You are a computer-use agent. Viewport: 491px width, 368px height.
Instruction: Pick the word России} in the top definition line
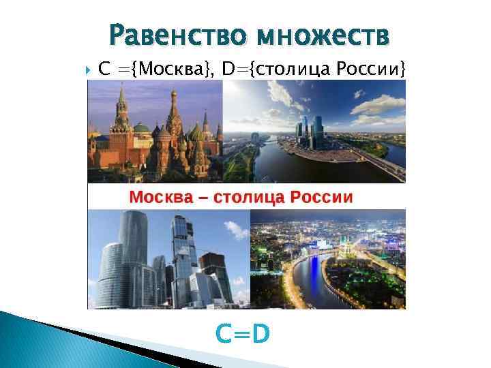pyautogui.click(x=375, y=69)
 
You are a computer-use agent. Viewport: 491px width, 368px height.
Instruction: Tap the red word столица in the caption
pyautogui.click(x=251, y=198)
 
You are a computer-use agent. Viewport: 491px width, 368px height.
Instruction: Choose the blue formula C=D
pyautogui.click(x=243, y=334)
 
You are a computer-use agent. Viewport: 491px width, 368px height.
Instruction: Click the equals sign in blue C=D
pyautogui.click(x=243, y=335)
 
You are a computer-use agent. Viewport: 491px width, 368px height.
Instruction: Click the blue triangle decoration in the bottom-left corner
pyautogui.click(x=41, y=341)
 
